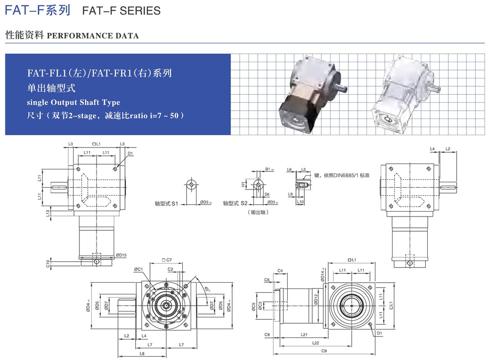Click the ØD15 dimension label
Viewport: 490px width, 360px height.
[x=122, y=255]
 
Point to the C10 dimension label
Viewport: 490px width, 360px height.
[x=48, y=264]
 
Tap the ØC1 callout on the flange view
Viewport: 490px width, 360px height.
[x=138, y=269]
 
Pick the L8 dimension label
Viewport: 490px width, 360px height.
[x=142, y=353]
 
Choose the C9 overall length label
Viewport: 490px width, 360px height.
[x=324, y=351]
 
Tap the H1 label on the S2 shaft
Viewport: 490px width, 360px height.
[x=243, y=185]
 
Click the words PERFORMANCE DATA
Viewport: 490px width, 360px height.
[x=93, y=36]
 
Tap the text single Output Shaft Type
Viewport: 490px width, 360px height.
[x=73, y=102]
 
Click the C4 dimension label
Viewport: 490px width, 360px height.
[x=280, y=271]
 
